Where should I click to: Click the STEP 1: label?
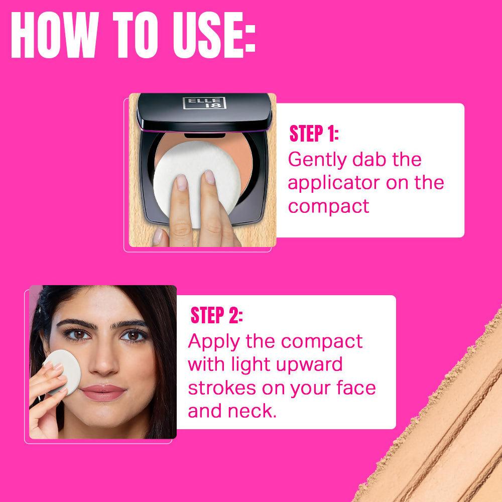tap(314, 134)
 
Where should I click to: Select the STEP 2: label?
tap(216, 317)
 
